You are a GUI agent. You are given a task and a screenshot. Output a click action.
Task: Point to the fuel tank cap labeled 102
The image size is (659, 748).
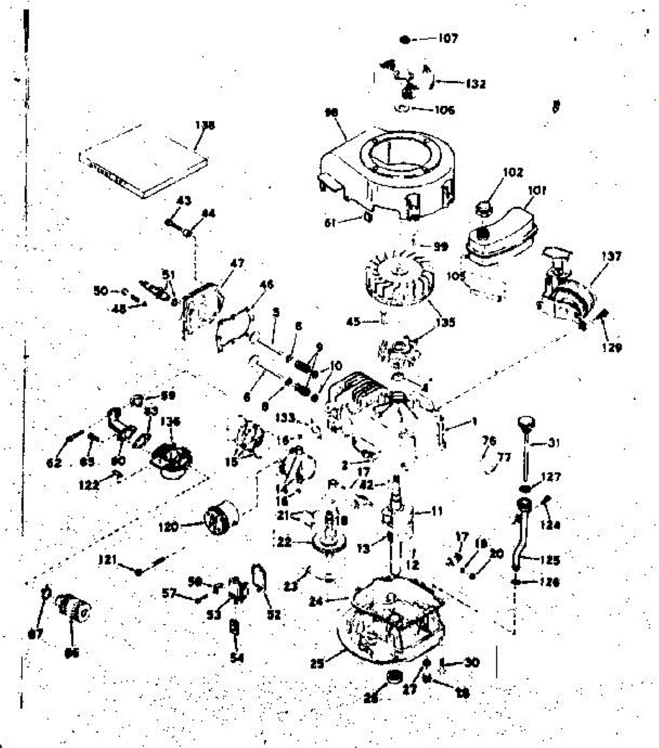[485, 206]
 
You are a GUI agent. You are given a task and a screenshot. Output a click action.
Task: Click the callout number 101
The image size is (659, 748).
[536, 191]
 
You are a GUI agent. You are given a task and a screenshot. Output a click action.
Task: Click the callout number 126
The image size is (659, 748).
[549, 582]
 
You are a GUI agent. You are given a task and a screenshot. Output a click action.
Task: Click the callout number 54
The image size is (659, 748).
[236, 658]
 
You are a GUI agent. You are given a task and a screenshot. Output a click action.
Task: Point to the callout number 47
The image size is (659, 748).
[237, 263]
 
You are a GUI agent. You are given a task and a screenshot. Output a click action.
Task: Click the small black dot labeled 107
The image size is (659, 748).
[405, 39]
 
